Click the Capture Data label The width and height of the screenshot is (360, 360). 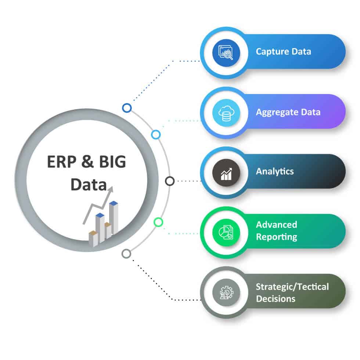tap(283, 51)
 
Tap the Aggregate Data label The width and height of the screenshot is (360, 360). tap(288, 112)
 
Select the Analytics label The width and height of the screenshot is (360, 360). tap(275, 171)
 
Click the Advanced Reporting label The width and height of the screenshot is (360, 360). tap(277, 231)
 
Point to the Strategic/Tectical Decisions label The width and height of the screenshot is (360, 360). tap(292, 292)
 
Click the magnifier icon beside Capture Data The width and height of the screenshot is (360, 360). tap(226, 52)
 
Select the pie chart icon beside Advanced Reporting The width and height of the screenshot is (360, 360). tap(226, 231)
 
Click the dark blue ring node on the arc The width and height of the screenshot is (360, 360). tap(127, 108)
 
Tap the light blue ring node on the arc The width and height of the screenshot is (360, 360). tap(156, 134)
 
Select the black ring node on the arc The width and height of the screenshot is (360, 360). tap(170, 181)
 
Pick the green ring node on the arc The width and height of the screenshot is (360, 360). tap(158, 222)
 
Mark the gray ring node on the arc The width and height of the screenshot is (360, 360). tap(126, 253)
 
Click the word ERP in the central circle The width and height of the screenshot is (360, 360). tap(60, 162)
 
